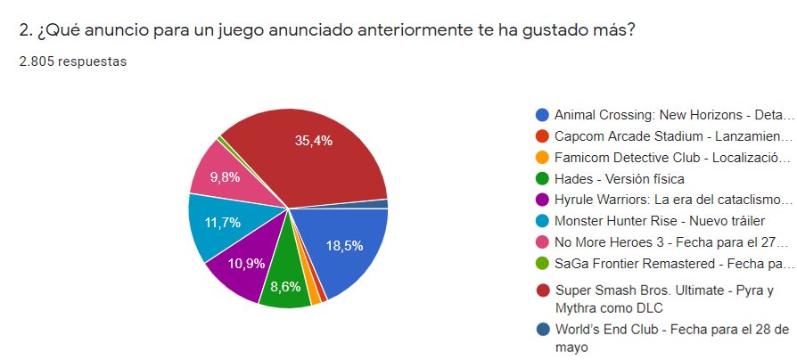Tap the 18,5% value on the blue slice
pos(345,246)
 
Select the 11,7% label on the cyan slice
pos(223,223)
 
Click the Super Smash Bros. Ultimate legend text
pos(663,298)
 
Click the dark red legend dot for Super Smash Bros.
pos(542,290)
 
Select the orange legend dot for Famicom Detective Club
pos(542,157)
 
